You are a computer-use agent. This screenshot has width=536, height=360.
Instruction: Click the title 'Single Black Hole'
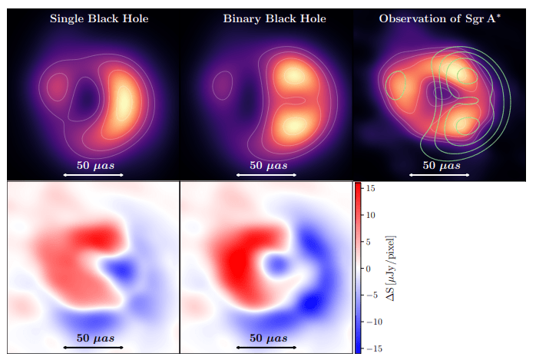(99, 18)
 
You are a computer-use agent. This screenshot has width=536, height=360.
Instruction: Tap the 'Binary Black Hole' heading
(274, 18)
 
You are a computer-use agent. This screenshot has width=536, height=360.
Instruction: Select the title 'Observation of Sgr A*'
(440, 18)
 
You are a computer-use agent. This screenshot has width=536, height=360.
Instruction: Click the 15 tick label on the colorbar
(371, 188)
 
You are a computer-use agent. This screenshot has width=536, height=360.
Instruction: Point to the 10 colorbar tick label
(371, 215)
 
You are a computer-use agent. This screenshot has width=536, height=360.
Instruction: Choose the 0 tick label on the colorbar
(368, 269)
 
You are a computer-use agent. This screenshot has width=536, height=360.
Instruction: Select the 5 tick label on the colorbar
(368, 242)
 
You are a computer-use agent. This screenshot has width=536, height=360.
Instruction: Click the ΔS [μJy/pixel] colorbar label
(390, 268)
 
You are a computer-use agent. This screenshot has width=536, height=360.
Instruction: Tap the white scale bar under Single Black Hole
(94, 175)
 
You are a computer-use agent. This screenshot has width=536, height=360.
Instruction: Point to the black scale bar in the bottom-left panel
(94, 348)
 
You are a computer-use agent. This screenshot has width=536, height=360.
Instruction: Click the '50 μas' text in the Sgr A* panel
(442, 166)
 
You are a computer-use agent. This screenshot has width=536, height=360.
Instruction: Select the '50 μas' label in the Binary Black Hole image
(268, 166)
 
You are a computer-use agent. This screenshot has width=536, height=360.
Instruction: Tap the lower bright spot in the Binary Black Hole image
(293, 126)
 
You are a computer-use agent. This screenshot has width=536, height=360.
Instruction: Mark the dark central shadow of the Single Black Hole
(84, 98)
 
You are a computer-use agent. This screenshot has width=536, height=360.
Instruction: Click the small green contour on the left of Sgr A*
(395, 85)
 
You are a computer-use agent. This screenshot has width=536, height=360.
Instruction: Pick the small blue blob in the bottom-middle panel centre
(277, 265)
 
